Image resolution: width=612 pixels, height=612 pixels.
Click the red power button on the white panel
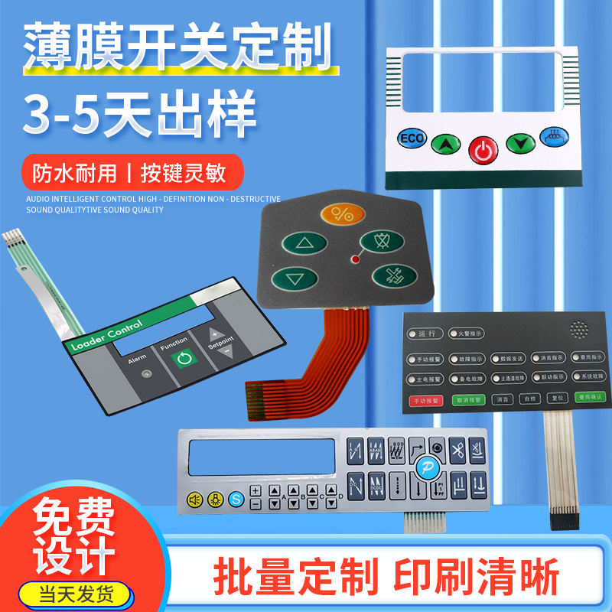click(482, 151)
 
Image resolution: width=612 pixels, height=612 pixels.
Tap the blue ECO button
click(410, 139)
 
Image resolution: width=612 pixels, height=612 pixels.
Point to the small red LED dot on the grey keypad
click(354, 260)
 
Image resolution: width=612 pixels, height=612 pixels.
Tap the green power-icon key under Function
click(182, 359)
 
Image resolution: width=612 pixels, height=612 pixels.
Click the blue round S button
click(236, 499)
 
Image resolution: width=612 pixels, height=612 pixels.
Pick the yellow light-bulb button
click(215, 499)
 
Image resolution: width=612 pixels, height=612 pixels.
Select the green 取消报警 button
click(468, 399)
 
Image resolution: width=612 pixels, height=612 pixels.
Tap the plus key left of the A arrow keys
click(256, 491)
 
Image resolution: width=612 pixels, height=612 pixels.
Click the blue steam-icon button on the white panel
click(551, 136)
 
